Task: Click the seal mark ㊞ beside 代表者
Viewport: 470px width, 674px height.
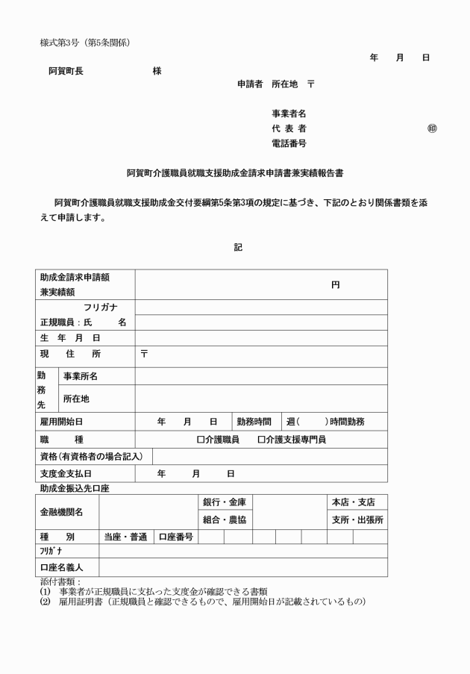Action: (x=432, y=128)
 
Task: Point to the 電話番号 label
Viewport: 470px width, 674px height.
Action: (x=289, y=143)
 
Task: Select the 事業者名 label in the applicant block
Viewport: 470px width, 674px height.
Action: (x=289, y=113)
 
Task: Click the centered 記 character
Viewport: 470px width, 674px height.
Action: (x=238, y=247)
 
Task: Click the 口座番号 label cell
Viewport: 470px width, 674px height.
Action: (x=175, y=536)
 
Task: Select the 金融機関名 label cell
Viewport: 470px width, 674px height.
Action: (x=62, y=511)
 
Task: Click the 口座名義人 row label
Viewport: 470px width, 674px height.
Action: (x=62, y=567)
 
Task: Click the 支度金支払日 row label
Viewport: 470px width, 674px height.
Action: (x=71, y=473)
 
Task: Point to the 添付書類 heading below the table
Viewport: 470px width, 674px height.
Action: (x=60, y=581)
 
